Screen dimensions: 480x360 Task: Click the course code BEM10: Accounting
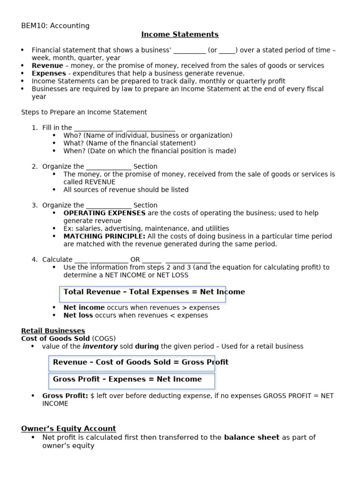[55, 26]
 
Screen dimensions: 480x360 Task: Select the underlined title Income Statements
[180, 34]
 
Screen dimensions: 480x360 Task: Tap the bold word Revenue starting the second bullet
[47, 66]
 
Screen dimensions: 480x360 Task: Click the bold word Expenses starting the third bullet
[49, 74]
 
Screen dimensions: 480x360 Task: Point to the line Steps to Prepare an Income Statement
[84, 112]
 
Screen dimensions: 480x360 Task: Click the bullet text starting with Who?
[148, 135]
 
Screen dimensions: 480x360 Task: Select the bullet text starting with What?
[129, 143]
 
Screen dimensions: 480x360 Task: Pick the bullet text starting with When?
[150, 151]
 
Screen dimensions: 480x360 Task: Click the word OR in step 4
[135, 259]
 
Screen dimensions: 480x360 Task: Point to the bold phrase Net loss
[78, 315]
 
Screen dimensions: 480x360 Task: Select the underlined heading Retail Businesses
[53, 331]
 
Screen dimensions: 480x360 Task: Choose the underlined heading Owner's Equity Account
[68, 428]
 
